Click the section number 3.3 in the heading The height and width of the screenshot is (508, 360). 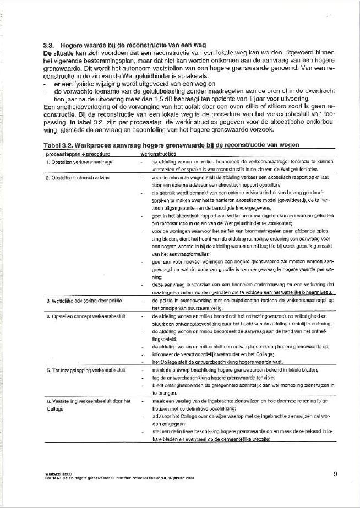click(x=48, y=44)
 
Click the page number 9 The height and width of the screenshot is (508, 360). click(x=336, y=472)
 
